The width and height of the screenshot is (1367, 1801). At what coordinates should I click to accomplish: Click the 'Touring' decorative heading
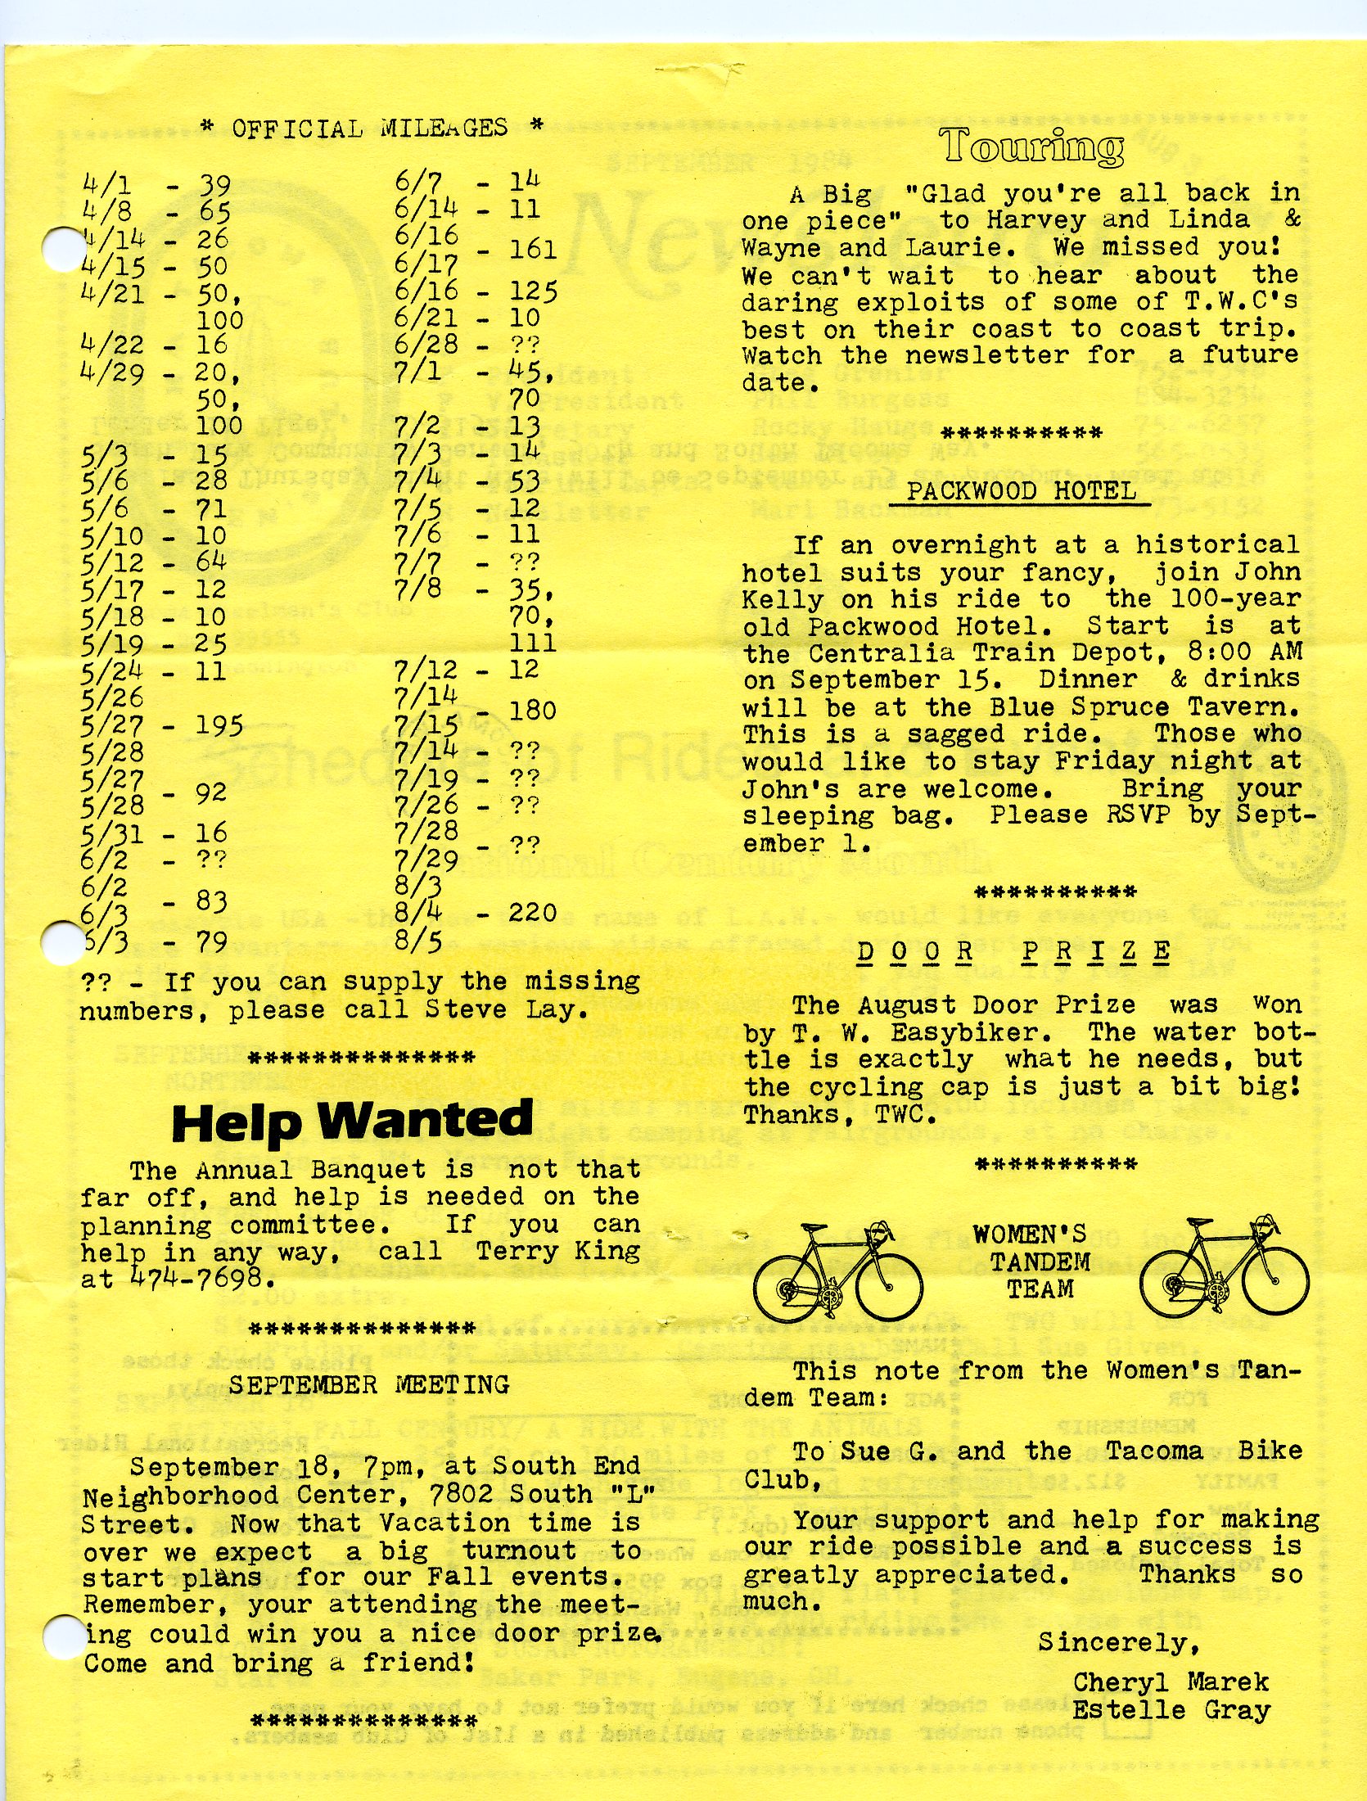[x=1032, y=147]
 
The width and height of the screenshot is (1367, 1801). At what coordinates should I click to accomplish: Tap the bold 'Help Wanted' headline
[x=352, y=1121]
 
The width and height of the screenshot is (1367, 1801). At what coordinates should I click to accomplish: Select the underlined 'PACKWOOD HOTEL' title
[x=1021, y=491]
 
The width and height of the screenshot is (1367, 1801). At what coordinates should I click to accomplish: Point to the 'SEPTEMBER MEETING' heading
[x=369, y=1384]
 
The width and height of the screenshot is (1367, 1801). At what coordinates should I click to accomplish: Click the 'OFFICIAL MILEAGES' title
[x=370, y=129]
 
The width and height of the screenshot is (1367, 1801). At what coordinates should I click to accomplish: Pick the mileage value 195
[x=219, y=725]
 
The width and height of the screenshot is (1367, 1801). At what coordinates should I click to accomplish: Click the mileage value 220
[x=532, y=913]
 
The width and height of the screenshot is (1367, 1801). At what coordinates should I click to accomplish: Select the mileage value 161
[x=532, y=249]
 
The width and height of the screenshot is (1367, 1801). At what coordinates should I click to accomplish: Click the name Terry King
[x=557, y=1251]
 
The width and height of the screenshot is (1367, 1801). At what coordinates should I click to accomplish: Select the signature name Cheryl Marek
[x=1171, y=1682]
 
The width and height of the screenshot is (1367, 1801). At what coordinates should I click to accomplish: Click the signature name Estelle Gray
[x=1171, y=1710]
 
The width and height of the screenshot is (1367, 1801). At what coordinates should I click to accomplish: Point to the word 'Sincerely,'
[x=1118, y=1642]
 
